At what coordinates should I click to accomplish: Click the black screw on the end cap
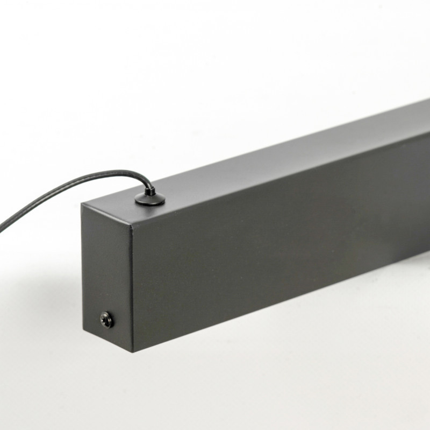tap(107, 320)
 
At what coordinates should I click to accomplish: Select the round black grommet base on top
tap(150, 200)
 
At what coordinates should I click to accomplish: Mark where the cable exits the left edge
tap(1, 228)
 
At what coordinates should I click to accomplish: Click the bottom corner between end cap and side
tap(132, 351)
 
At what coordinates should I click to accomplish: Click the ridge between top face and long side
tap(279, 178)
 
